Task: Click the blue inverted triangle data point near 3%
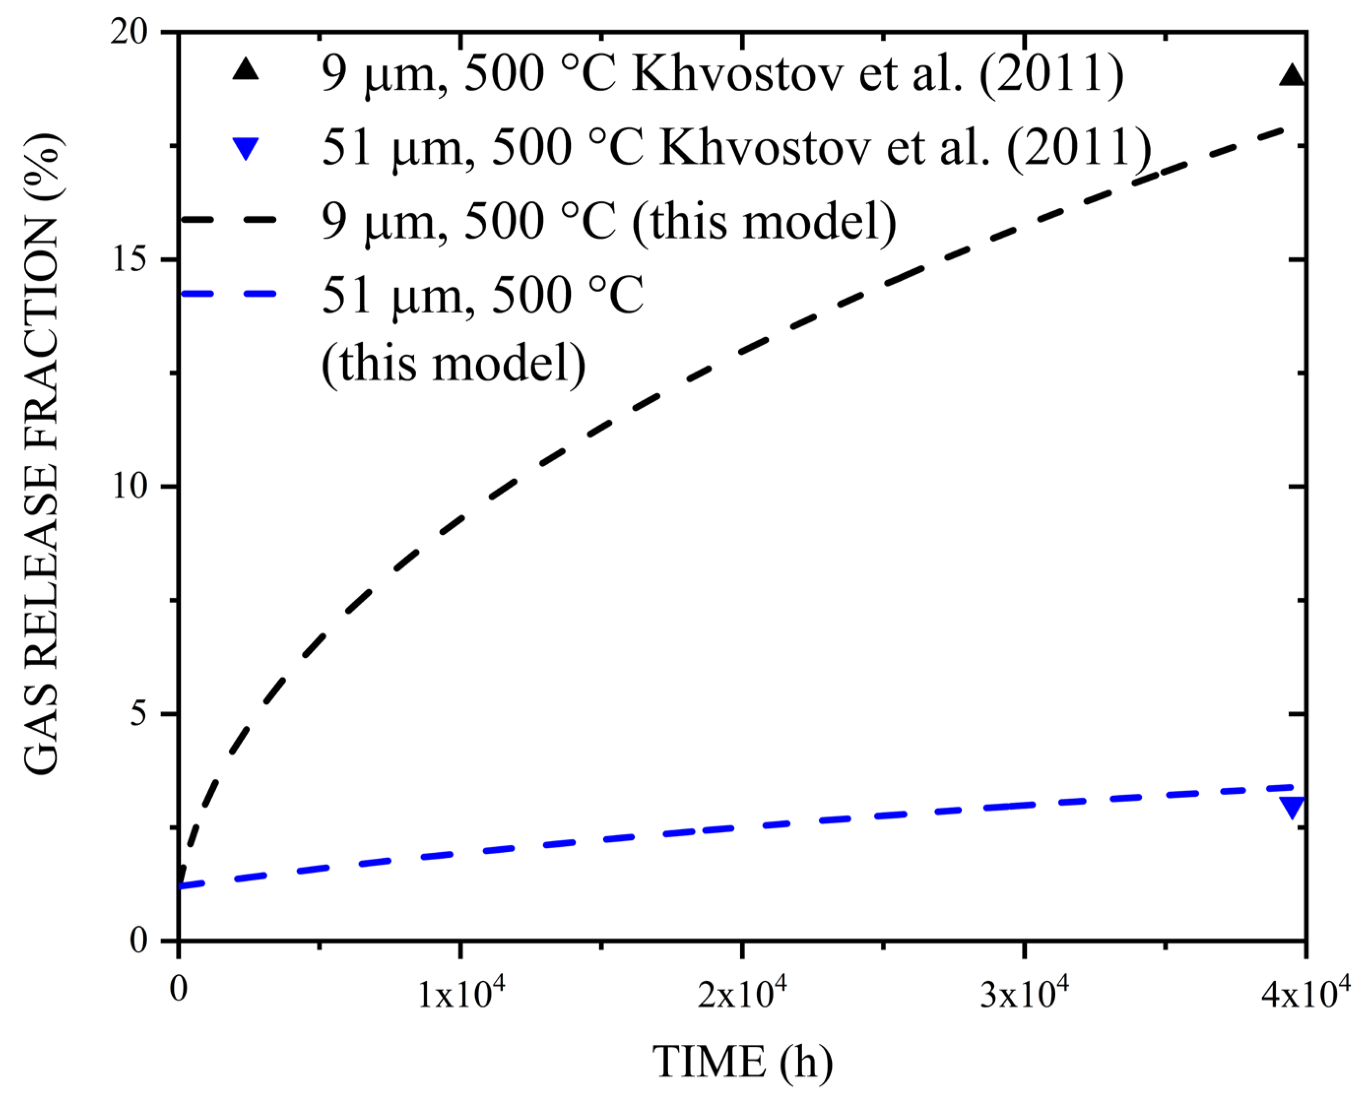click(x=1292, y=807)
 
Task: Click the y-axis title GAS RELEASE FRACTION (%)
click(x=42, y=454)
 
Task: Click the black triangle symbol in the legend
click(x=245, y=68)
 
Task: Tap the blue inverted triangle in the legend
click(x=245, y=149)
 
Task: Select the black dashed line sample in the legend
click(x=228, y=220)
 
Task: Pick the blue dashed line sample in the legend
click(x=228, y=293)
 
